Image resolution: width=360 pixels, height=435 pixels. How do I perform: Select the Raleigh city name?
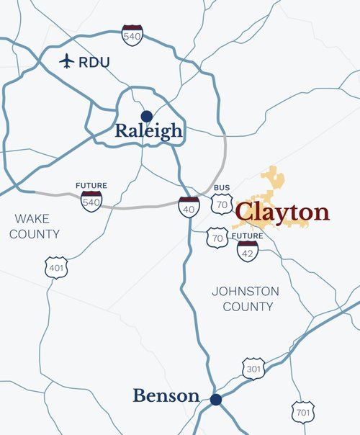149,132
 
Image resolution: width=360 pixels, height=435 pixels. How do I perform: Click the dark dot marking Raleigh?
147,115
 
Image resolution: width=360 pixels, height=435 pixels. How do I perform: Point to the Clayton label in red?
282,212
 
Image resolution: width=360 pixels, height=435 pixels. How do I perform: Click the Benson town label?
166,395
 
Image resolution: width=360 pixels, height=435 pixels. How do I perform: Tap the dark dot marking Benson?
215,398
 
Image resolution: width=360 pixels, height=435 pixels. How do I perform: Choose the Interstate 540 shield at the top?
132,35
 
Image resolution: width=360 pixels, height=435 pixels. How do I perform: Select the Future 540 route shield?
91,201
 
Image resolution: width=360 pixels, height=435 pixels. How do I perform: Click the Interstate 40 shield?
189,207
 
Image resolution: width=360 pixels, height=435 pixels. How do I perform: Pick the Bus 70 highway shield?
222,205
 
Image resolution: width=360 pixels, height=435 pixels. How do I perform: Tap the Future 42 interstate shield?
248,251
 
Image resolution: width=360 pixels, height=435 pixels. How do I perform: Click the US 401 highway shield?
55,266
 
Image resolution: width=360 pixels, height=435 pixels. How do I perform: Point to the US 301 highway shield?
253,367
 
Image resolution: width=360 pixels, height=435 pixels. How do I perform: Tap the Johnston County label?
246,299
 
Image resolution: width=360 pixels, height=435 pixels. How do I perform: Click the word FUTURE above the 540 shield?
91,186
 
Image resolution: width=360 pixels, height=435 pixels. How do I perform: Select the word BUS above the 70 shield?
222,188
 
